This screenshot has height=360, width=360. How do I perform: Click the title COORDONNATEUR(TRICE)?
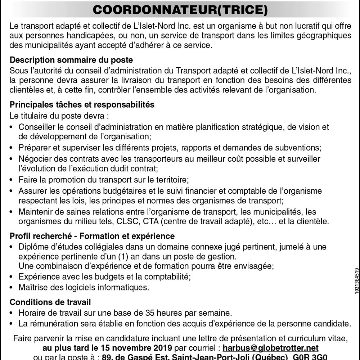[x=180, y=10]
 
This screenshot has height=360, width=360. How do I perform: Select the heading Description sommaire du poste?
[x=71, y=60]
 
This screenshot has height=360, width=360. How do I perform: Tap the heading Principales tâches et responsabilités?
[x=82, y=105]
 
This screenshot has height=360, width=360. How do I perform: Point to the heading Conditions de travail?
[x=50, y=302]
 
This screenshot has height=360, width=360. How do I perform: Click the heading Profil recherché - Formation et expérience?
[x=92, y=236]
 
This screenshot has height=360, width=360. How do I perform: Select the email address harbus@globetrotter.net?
[x=271, y=348]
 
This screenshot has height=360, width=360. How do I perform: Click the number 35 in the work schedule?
[x=151, y=313]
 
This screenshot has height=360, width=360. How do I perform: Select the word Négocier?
[x=33, y=159]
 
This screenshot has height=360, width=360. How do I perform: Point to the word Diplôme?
[x=33, y=247]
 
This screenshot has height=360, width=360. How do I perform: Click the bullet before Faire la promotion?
[x=12, y=179]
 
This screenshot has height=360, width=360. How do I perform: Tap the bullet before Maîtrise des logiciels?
[x=12, y=287]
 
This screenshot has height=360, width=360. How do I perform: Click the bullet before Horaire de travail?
[x=12, y=313]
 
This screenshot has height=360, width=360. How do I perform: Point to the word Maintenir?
[x=34, y=212]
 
